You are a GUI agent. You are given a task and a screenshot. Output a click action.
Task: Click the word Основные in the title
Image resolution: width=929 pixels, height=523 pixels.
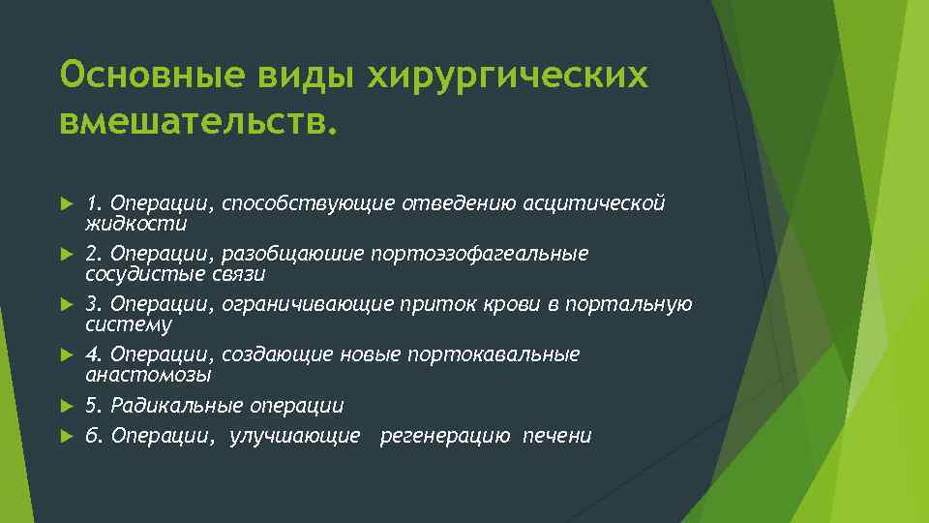[145, 76]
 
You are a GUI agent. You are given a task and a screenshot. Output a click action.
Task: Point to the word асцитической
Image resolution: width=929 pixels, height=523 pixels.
[594, 203]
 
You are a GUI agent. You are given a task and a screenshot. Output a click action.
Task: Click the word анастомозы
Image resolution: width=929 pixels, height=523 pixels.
[148, 375]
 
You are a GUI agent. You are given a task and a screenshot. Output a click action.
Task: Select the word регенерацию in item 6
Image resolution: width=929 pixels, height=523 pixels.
[445, 436]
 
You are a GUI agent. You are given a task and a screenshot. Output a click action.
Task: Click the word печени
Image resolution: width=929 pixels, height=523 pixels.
[556, 436]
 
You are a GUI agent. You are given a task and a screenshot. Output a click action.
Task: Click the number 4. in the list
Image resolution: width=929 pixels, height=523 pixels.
[94, 354]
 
